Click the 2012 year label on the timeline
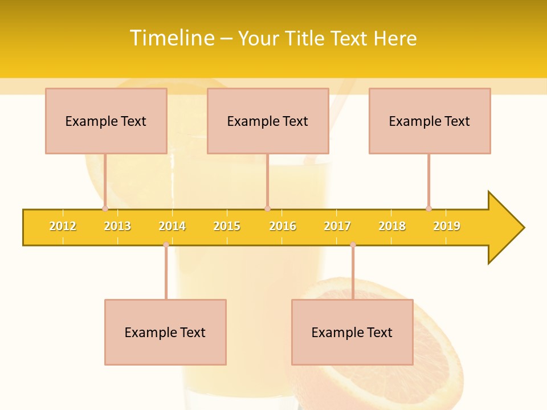[x=63, y=226]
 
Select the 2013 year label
[x=117, y=226]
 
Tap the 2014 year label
[x=172, y=226]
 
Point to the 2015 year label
[x=227, y=226]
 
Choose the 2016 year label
[x=283, y=226]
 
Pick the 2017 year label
[x=337, y=226]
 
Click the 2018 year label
[x=392, y=226]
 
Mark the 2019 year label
[x=447, y=226]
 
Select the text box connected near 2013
[x=106, y=121]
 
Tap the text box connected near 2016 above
[x=268, y=121]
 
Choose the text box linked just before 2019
[x=430, y=121]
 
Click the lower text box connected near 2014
[x=165, y=332]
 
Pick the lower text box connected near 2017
[x=352, y=332]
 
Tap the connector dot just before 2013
[x=105, y=208]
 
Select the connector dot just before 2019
[x=429, y=208]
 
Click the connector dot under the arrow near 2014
[x=166, y=245]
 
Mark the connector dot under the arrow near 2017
[x=353, y=245]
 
